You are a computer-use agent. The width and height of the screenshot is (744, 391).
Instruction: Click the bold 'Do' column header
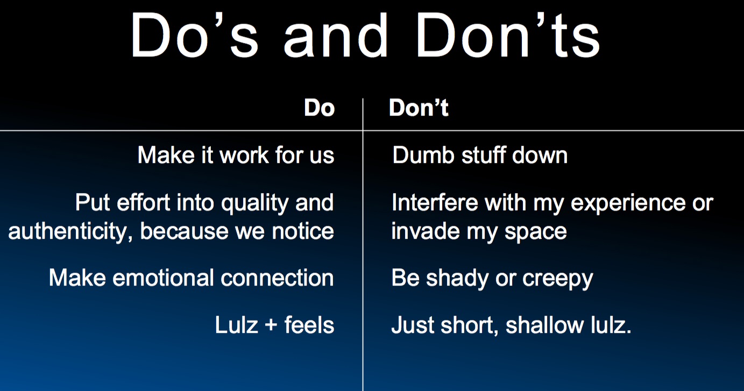(319, 108)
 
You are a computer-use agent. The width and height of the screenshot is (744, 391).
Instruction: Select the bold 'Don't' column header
(419, 108)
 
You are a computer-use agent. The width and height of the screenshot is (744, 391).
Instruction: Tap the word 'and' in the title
(336, 36)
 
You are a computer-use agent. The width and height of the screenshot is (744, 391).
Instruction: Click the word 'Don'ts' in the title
(508, 35)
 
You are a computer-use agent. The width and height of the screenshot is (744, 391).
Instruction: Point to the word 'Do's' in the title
(195, 35)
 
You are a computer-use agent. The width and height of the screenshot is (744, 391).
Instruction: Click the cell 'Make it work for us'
(236, 155)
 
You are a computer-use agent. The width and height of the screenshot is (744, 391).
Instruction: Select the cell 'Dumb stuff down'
(480, 155)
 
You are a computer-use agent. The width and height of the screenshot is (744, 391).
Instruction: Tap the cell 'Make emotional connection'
(192, 278)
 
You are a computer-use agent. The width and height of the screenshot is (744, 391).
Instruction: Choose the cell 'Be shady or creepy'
(492, 279)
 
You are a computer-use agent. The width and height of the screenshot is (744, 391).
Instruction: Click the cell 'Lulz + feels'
(275, 325)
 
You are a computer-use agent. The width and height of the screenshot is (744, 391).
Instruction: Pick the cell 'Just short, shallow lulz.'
(512, 325)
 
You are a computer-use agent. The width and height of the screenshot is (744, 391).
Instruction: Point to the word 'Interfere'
(435, 202)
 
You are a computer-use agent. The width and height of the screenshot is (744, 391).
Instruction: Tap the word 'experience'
(628, 204)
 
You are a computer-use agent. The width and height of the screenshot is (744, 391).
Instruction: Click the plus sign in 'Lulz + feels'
(271, 324)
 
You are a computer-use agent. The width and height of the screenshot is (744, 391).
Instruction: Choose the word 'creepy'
(558, 280)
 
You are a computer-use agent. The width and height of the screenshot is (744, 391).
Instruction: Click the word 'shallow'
(544, 325)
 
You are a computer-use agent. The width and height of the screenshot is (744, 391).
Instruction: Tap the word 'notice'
(303, 231)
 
